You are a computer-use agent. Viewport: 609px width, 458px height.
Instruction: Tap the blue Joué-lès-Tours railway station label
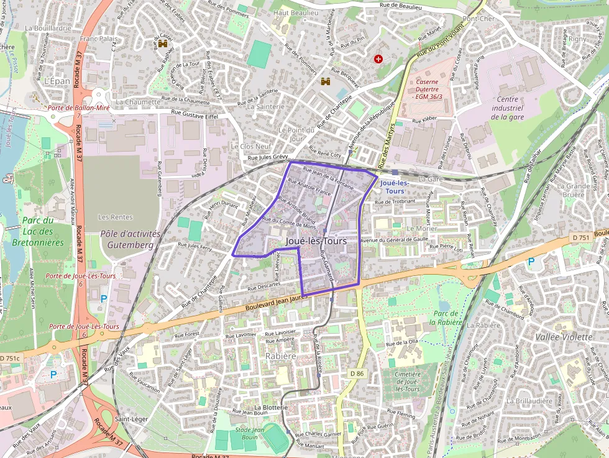pos(395,186)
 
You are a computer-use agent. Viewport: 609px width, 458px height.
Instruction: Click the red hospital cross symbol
pos(378,58)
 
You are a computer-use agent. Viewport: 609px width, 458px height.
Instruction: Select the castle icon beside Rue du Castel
pos(163,44)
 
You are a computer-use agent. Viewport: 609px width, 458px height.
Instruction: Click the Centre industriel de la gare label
pos(508,108)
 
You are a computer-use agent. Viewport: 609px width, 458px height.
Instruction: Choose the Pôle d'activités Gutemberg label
pos(130,239)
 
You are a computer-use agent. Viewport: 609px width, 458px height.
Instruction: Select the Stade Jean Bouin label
pos(250,433)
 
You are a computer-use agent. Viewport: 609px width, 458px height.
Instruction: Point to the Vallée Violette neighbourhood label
pos(564,336)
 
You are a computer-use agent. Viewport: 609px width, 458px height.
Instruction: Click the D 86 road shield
pos(356,373)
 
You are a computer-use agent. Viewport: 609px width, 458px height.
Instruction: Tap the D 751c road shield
pos(10,359)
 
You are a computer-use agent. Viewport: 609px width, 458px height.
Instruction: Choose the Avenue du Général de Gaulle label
pos(395,239)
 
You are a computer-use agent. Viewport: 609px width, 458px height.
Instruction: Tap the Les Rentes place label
pos(116,217)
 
